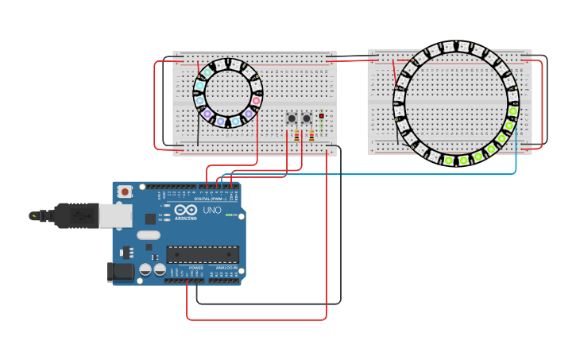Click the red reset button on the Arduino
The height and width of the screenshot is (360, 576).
[125, 192]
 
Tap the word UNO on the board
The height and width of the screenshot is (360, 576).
[212, 210]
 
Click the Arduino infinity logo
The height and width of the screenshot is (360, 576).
[186, 211]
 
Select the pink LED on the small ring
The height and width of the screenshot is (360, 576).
[256, 101]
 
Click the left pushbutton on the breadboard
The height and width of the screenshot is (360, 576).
[292, 118]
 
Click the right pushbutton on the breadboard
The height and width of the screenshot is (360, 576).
[307, 118]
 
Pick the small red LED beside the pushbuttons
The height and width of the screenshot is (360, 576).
[321, 117]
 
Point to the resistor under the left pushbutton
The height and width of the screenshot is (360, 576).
[296, 137]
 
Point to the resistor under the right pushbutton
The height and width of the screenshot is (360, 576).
[311, 137]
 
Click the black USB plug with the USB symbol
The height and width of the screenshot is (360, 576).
[75, 215]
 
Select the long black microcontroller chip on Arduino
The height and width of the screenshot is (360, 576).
[202, 254]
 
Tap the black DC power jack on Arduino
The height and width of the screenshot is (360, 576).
[121, 271]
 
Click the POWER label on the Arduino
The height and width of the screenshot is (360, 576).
[195, 268]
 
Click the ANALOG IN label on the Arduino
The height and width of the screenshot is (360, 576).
[226, 268]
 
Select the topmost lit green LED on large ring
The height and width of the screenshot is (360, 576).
[512, 111]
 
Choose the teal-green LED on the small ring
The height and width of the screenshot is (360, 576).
[207, 72]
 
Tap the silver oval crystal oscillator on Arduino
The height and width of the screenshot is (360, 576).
[149, 234]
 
